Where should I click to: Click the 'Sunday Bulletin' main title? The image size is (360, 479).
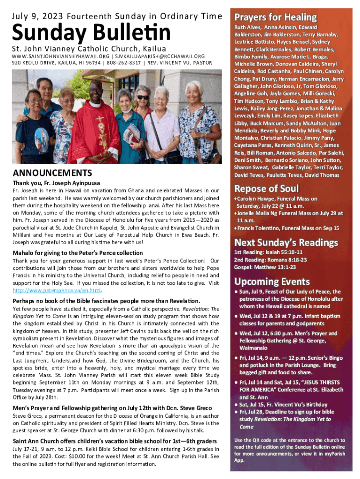point(91,33)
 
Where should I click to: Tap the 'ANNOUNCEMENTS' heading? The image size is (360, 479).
point(52,173)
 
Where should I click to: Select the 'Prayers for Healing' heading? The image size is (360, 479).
point(275,17)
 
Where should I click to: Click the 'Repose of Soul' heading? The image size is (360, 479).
point(266,189)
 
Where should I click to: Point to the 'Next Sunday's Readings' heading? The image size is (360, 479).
point(286,243)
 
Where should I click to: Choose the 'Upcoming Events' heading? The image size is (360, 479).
point(272,282)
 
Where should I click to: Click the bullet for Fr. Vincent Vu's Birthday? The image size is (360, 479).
point(237,404)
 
